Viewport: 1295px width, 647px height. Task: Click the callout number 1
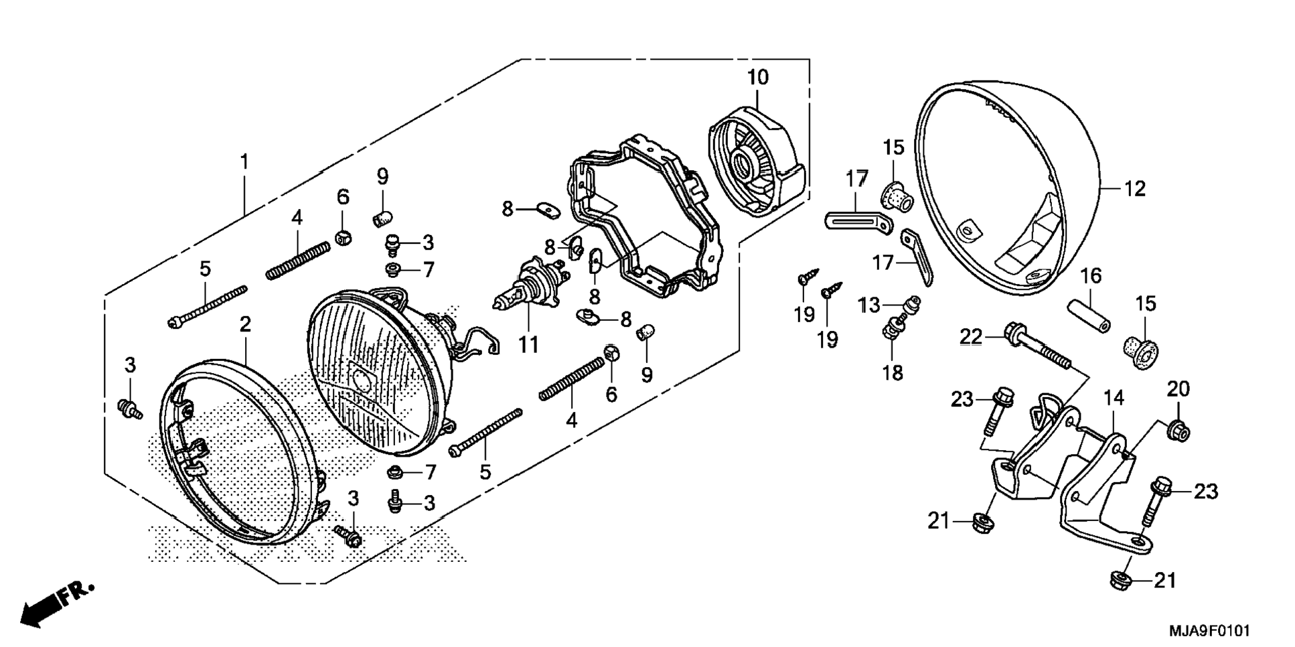coord(244,162)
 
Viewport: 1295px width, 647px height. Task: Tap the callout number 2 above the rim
coord(245,325)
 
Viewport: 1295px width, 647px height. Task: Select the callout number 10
coord(758,78)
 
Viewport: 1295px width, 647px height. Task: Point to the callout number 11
coord(528,346)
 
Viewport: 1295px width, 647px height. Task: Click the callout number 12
coord(1135,189)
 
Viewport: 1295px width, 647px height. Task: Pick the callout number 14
coord(1114,399)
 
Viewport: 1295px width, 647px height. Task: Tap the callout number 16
coord(1091,276)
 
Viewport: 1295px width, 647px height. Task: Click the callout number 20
coord(1178,388)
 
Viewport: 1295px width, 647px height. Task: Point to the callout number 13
coord(869,306)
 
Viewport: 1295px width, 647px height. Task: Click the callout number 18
coord(893,372)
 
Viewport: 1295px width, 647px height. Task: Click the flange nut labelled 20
coord(1178,431)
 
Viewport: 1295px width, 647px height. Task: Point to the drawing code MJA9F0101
coord(1209,631)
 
